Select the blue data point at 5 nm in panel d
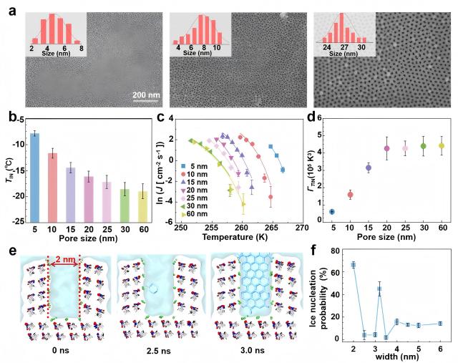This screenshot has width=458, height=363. pos(331,211)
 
